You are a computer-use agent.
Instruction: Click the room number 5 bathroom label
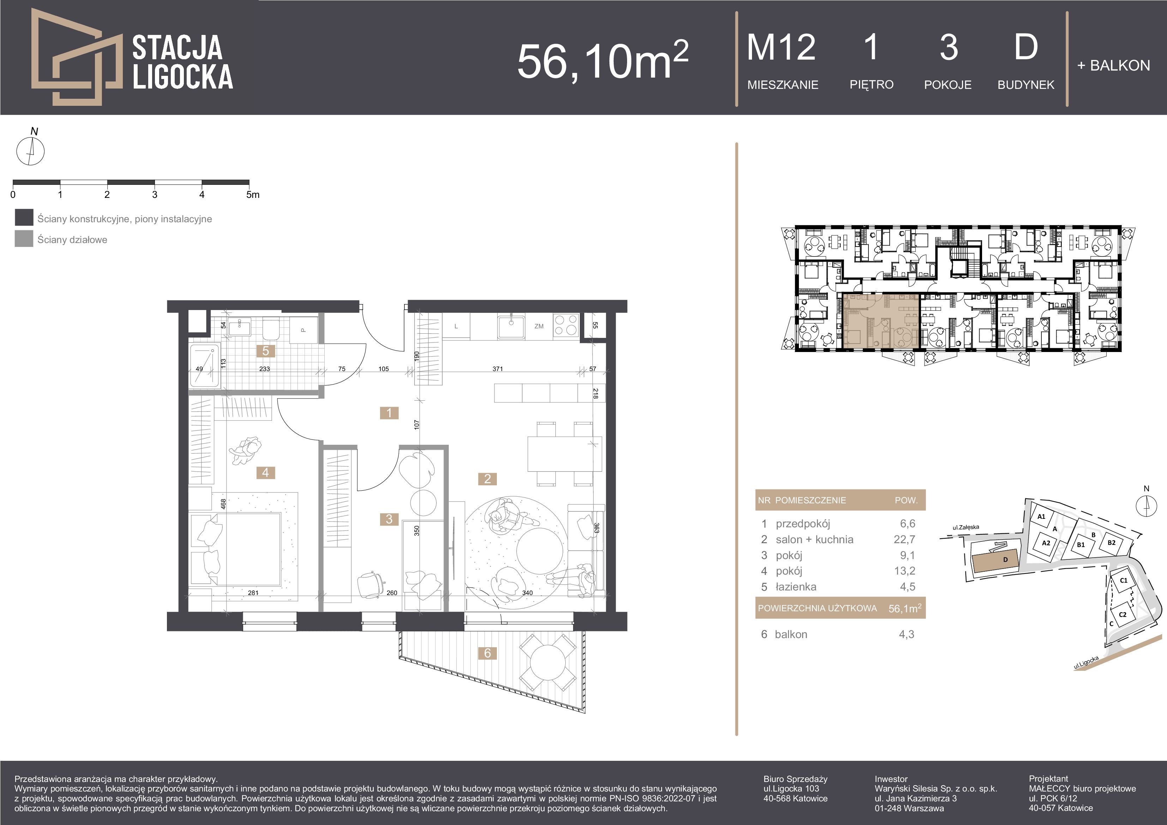(x=265, y=351)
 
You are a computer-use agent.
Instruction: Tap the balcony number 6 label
(x=487, y=653)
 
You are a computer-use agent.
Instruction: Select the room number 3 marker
(x=389, y=519)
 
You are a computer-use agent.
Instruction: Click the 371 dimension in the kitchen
(x=498, y=369)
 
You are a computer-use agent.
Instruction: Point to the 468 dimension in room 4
(x=223, y=504)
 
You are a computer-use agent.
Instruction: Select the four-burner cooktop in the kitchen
(x=566, y=325)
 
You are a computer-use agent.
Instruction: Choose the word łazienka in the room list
(x=796, y=587)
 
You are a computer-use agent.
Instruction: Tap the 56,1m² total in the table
(x=905, y=608)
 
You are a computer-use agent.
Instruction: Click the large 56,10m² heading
(x=603, y=60)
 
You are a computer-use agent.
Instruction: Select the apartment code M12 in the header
(x=781, y=47)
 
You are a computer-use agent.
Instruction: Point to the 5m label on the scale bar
(x=253, y=195)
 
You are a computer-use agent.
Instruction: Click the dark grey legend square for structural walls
(x=24, y=217)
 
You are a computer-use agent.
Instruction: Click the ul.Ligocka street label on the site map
(x=1086, y=662)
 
